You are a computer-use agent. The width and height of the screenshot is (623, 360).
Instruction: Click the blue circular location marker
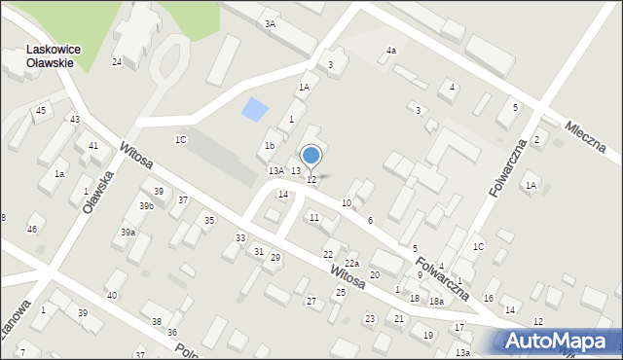click(311, 156)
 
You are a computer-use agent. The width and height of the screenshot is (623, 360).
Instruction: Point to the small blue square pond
click(253, 110)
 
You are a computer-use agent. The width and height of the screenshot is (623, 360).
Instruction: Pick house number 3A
click(270, 23)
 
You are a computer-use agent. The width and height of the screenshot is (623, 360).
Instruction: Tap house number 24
click(117, 62)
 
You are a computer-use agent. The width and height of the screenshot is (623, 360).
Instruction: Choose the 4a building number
click(391, 50)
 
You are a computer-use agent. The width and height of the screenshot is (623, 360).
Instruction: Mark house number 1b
click(270, 146)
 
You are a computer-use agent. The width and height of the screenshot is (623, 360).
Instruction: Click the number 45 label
click(41, 110)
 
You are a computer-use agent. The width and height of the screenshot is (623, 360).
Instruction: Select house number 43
click(75, 119)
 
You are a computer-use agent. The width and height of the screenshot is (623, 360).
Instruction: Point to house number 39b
click(146, 206)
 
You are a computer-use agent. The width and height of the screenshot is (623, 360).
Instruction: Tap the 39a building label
click(128, 233)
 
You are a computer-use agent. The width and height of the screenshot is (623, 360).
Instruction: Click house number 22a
click(351, 264)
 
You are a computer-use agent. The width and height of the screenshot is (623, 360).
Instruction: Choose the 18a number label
click(437, 302)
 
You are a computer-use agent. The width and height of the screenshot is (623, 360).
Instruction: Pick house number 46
click(32, 229)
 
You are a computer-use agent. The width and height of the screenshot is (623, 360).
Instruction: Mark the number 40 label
click(112, 295)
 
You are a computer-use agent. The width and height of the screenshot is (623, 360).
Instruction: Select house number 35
click(208, 221)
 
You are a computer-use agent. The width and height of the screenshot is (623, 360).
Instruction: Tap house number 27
click(311, 302)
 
